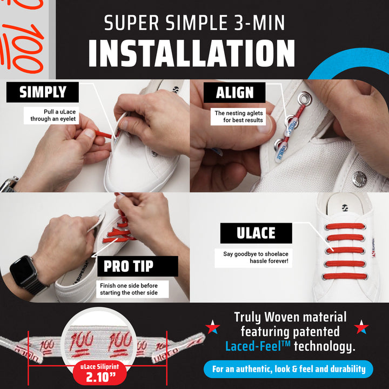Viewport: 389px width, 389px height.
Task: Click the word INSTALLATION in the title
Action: pyautogui.click(x=191, y=53)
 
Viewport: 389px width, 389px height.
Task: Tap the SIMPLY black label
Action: pyautogui.click(x=43, y=92)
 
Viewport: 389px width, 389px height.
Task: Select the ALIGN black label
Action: pyautogui.click(x=234, y=92)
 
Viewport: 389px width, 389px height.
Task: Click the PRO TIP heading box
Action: pyautogui.click(x=138, y=266)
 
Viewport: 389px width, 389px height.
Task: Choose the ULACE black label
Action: pyautogui.click(x=256, y=233)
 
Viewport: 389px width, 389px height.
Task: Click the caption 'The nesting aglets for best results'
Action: pyautogui.click(x=239, y=117)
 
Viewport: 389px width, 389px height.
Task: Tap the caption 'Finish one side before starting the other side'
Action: pyautogui.click(x=129, y=289)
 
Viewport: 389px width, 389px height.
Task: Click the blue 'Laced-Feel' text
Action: pyautogui.click(x=258, y=346)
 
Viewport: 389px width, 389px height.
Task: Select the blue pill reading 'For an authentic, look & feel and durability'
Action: pyautogui.click(x=289, y=369)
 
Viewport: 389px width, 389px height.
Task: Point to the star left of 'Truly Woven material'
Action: pyautogui.click(x=212, y=327)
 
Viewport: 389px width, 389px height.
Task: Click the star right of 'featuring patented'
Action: pyautogui.click(x=361, y=327)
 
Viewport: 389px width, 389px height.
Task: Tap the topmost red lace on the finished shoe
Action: pyautogui.click(x=345, y=226)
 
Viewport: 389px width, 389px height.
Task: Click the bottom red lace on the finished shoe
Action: pyautogui.click(x=345, y=276)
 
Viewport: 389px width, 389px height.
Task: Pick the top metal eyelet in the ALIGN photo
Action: pyautogui.click(x=304, y=98)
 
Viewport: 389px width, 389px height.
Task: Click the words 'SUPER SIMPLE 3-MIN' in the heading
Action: pyautogui.click(x=194, y=23)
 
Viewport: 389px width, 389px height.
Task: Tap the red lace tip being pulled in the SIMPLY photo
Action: pyautogui.click(x=103, y=135)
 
